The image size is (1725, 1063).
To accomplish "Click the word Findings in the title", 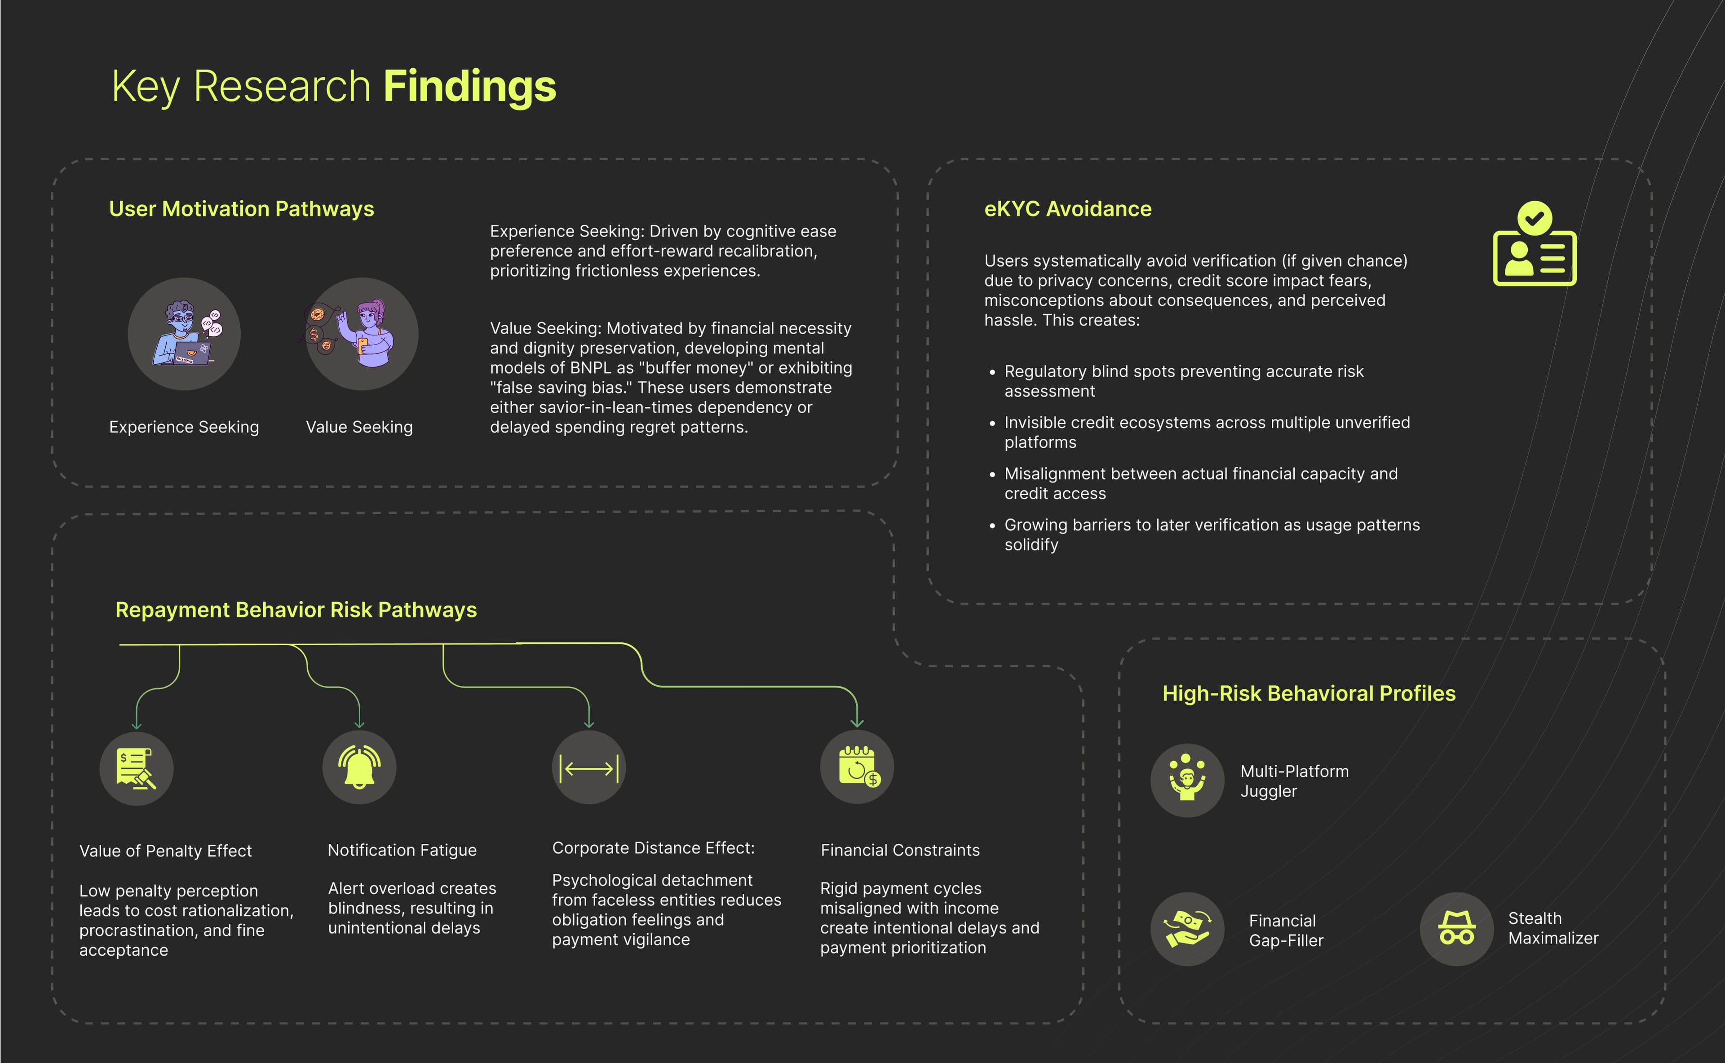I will pos(470,87).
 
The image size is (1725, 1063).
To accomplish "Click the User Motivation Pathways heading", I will pos(241,209).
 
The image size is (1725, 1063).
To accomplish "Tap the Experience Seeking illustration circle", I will pos(184,334).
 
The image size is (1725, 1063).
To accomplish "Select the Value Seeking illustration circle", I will pos(362,334).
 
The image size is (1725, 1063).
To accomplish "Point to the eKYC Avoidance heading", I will pos(1067,209).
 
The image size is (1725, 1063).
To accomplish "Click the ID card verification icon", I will pos(1535,257).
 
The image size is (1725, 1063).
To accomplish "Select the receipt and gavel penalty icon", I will pos(137,768).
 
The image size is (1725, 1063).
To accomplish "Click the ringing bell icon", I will pos(359,768).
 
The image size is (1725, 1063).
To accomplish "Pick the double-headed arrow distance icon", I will pos(588,768).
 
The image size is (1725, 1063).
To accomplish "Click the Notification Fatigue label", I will pos(402,850).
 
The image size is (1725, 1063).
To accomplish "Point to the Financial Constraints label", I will pos(899,850).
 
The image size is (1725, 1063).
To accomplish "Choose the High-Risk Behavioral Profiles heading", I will pos(1309,693).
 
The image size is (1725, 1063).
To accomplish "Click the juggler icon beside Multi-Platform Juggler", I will pos(1187,781).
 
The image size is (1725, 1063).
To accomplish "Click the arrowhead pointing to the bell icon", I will pos(359,723).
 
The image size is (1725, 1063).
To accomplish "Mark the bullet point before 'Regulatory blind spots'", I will pos(992,372).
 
